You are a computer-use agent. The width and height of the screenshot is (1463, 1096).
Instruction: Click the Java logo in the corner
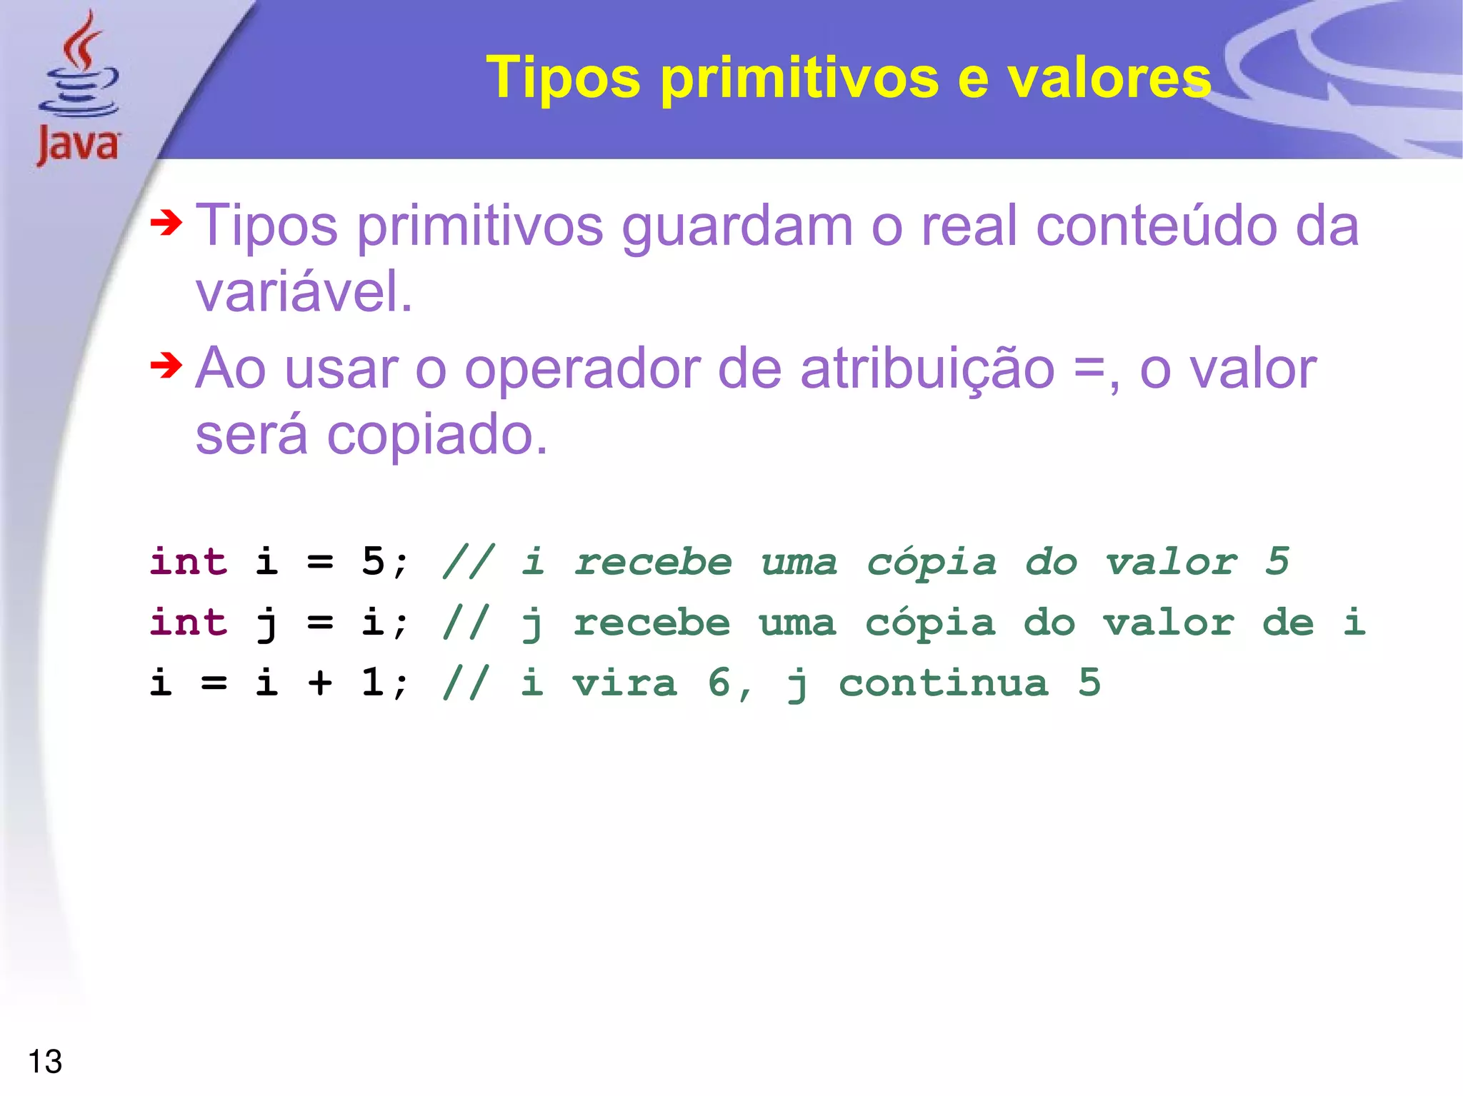pos(79,89)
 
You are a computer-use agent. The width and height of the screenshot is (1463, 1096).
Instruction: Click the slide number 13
pos(45,1062)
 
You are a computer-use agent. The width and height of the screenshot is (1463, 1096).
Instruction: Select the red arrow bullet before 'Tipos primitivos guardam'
pos(166,223)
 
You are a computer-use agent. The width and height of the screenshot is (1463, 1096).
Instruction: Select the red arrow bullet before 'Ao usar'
pos(166,366)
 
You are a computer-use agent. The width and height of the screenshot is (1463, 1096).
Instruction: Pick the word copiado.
pos(437,435)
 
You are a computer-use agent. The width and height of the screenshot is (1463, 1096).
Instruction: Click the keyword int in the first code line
pos(189,561)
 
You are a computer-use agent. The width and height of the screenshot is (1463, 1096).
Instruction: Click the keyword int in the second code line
pos(189,622)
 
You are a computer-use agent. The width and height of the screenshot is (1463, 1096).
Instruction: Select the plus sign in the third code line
pos(320,683)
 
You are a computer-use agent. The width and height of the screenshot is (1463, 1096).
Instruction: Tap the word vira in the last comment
pos(625,683)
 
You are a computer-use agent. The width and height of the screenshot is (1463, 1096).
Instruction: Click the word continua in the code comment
pos(944,683)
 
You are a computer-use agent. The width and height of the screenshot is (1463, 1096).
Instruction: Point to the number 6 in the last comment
pos(719,683)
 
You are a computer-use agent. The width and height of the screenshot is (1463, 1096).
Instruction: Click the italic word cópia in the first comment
pos(932,563)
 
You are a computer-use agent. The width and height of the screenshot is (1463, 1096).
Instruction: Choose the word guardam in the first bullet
pos(737,227)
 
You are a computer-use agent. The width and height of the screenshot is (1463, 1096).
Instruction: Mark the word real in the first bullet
pos(969,226)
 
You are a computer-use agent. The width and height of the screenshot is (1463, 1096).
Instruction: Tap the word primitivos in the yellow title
pos(799,79)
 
